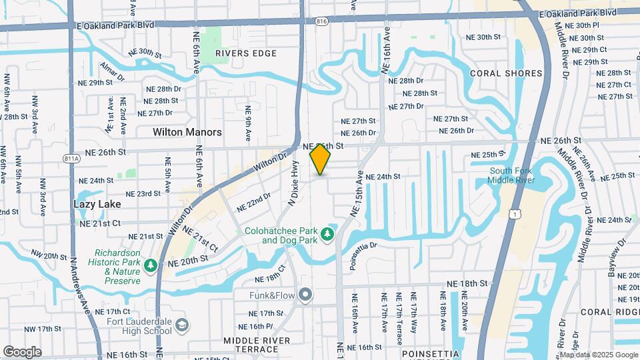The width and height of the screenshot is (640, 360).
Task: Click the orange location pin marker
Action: (x=321, y=159)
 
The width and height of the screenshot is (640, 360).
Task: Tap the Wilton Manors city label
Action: (x=187, y=132)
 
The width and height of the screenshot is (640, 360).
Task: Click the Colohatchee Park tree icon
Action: (x=327, y=233)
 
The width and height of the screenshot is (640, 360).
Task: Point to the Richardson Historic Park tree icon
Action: (x=151, y=265)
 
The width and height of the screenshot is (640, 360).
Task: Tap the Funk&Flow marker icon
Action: (x=306, y=293)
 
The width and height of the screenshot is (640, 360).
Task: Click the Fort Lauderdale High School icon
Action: (x=182, y=324)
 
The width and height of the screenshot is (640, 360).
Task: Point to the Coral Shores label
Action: (x=507, y=73)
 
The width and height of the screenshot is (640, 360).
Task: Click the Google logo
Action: (x=22, y=351)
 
